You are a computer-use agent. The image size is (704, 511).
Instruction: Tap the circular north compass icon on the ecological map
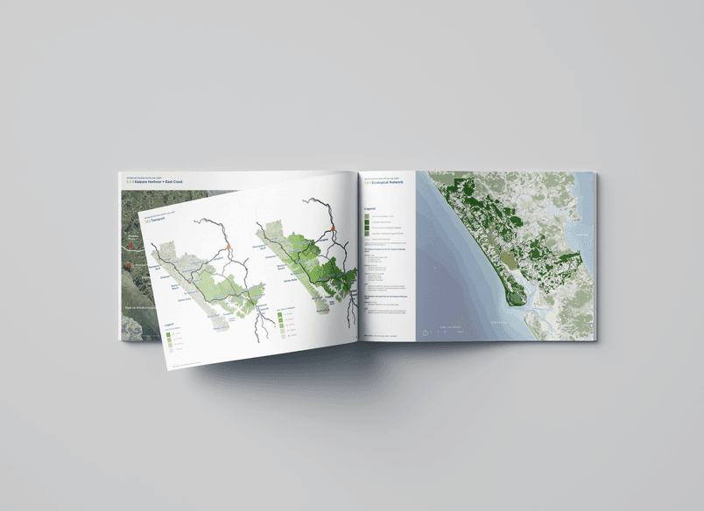coord(425,332)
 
